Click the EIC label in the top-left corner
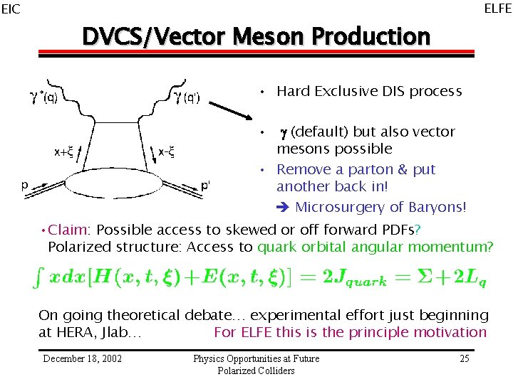11,9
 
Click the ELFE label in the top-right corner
497,9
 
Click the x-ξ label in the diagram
166,151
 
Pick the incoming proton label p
24,183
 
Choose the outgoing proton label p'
205,185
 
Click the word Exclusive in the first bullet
344,91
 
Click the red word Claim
68,230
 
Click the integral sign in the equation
41,279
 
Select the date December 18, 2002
82,358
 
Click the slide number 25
464,358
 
